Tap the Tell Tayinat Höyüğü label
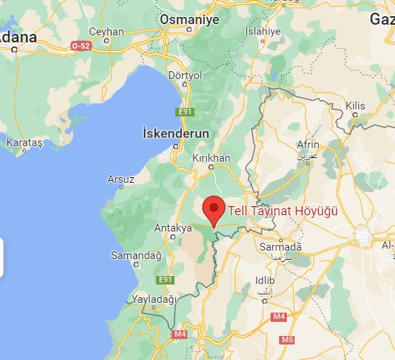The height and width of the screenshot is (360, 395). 283,210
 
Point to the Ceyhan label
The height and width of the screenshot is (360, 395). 107,32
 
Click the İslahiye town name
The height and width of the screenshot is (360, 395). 262,32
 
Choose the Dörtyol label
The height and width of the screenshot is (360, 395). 185,75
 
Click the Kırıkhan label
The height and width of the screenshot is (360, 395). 211,158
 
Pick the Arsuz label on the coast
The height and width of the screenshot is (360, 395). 121,179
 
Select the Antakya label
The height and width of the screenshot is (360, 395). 173,228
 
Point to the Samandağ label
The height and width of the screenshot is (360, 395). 136,255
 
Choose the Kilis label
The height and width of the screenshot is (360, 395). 355,105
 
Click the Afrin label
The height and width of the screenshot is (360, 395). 308,145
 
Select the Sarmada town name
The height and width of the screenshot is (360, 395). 281,246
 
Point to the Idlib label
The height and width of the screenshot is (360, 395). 264,281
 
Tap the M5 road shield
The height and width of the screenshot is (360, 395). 286,340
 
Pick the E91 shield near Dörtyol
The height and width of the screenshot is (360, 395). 185,111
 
